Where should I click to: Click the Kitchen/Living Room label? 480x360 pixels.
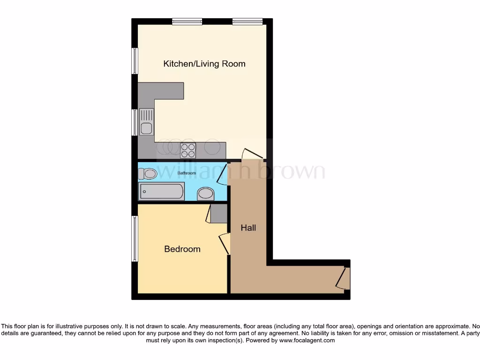(204, 64)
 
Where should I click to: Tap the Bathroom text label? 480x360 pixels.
(186, 173)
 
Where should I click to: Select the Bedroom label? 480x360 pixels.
(182, 249)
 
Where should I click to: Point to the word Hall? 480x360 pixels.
(248, 228)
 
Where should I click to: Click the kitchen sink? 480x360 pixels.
(146, 122)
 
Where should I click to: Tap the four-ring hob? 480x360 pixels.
(188, 150)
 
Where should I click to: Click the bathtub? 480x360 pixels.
(161, 191)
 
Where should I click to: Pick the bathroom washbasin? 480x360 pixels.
(205, 193)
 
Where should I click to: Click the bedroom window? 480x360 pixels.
(135, 239)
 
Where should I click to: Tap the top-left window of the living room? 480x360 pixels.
(187, 21)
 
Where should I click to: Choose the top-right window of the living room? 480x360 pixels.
(247, 21)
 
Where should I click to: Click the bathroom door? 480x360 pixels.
(223, 173)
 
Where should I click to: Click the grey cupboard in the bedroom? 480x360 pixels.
(218, 213)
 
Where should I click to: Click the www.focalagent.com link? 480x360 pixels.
(307, 341)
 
